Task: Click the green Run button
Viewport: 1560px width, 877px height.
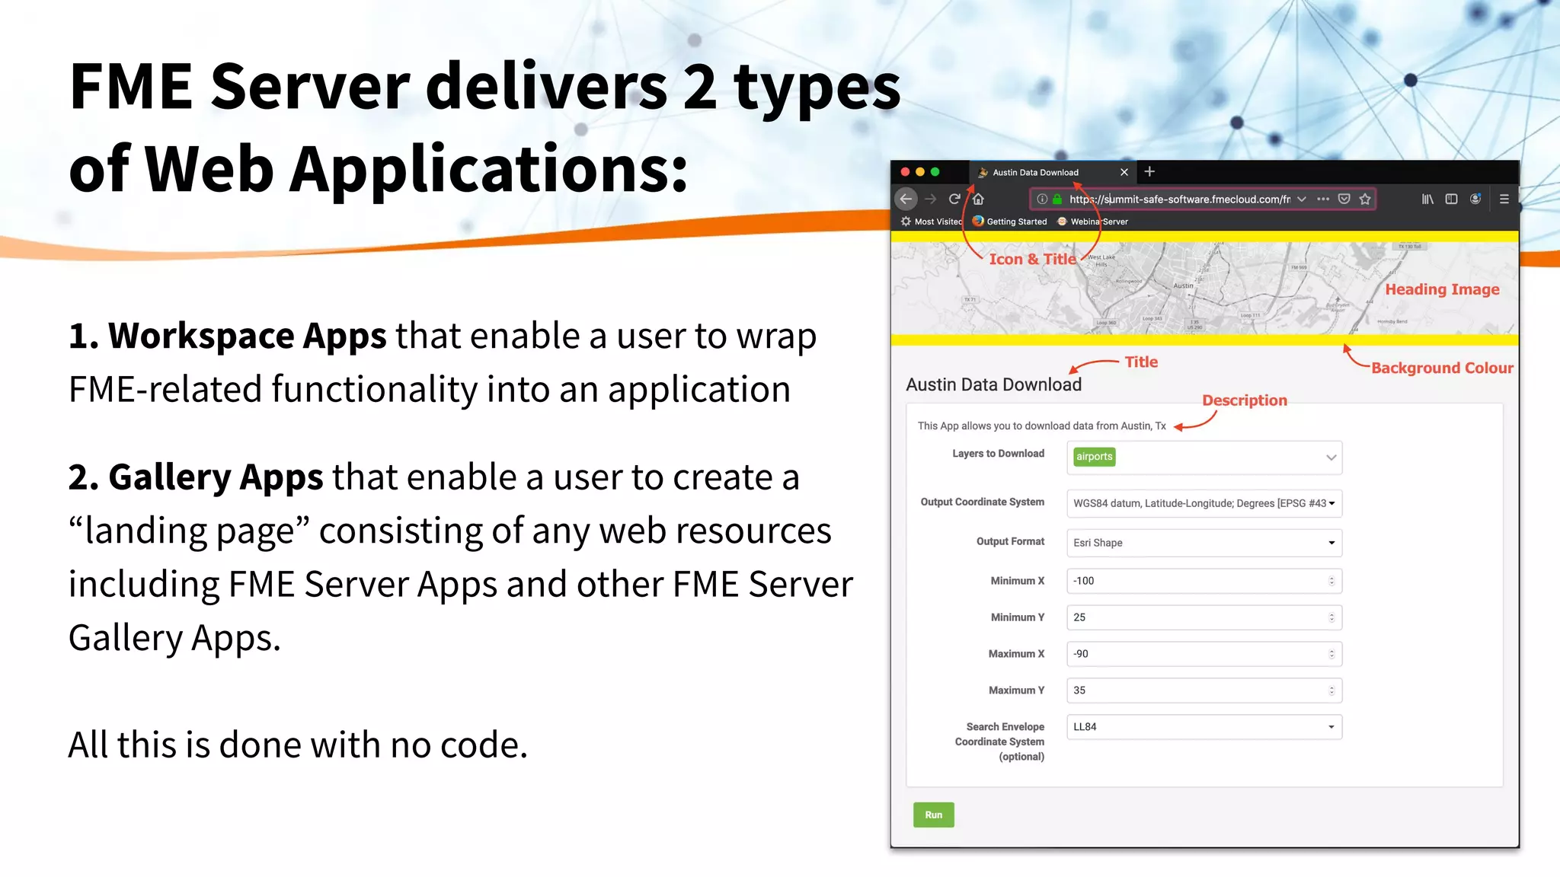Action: coord(933,815)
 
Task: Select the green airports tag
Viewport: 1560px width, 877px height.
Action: coord(1094,457)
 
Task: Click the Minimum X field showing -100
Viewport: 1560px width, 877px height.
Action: coord(1203,581)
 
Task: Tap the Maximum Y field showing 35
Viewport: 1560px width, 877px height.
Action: coord(1203,690)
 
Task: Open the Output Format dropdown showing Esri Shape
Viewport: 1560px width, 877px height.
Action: coord(1204,543)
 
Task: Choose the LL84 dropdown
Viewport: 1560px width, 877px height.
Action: coord(1204,727)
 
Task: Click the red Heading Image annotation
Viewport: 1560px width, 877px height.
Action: coord(1441,289)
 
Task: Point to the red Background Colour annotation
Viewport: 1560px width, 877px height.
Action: coord(1441,368)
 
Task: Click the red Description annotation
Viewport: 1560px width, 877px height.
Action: coord(1244,400)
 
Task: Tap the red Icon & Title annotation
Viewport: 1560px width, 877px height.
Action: coord(1032,259)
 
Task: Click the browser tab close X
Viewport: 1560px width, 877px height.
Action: coord(1124,172)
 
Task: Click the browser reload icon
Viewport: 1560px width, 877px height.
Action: coord(954,199)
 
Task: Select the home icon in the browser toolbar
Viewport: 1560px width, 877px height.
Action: coord(978,199)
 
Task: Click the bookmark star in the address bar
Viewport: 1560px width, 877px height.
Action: coord(1365,199)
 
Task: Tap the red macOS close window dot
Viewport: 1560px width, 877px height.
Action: coord(905,172)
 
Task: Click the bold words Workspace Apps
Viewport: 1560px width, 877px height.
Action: coord(247,336)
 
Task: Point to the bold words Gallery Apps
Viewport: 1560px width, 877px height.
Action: coord(216,477)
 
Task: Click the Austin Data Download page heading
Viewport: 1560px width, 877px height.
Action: coord(993,384)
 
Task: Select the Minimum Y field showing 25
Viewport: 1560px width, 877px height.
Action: coord(1203,617)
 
